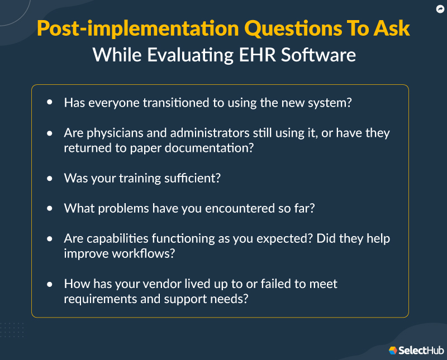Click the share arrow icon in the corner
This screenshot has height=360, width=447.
tap(440, 9)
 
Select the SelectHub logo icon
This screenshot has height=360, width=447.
tap(393, 350)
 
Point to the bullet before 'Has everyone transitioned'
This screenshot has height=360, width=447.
tap(50, 103)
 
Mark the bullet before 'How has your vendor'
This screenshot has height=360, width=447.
tap(50, 284)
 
